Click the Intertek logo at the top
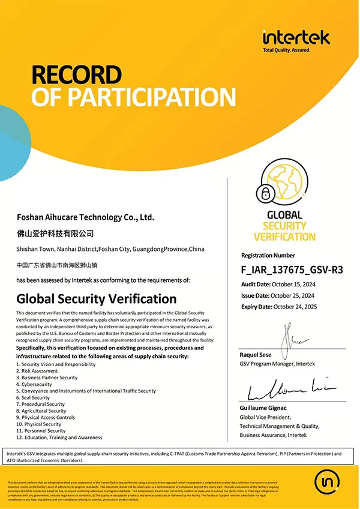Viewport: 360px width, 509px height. (x=296, y=38)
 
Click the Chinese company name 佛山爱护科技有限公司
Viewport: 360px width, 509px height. (x=55, y=233)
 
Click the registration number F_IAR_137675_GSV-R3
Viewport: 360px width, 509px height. (x=292, y=269)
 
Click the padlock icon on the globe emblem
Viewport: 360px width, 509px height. (x=264, y=193)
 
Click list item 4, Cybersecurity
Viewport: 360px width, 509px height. (x=35, y=384)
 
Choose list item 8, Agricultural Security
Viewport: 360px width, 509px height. (x=43, y=411)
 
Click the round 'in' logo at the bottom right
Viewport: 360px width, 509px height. (x=328, y=481)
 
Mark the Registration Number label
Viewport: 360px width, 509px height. (x=268, y=255)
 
